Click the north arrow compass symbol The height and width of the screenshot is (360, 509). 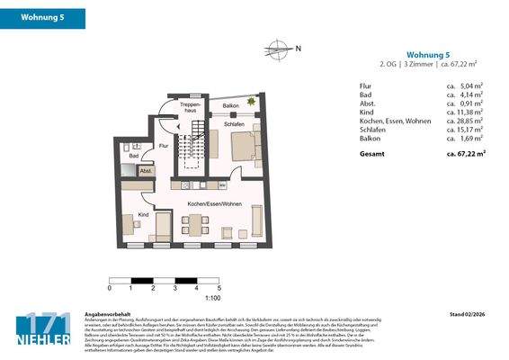(280, 49)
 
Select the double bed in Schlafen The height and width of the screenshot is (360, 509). (245, 144)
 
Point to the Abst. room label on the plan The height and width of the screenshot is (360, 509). (146, 169)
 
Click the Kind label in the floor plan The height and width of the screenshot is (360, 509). (143, 214)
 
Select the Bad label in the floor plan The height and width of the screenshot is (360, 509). (133, 156)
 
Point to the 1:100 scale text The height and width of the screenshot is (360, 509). (214, 297)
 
